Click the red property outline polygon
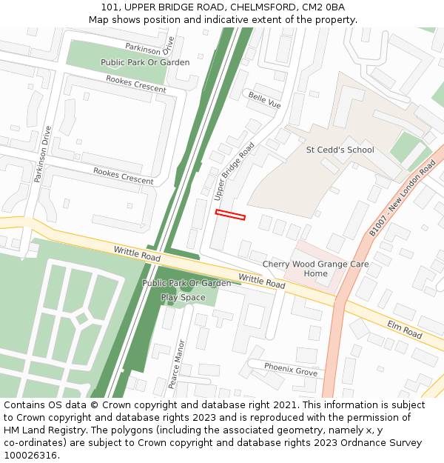click(x=230, y=215)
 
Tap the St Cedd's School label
click(x=340, y=150)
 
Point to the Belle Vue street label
click(x=264, y=101)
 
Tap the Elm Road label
click(x=404, y=330)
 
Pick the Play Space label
click(x=183, y=298)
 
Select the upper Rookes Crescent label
click(x=135, y=83)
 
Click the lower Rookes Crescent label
click(x=123, y=176)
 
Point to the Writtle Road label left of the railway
click(x=137, y=254)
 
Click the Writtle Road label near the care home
click(x=261, y=281)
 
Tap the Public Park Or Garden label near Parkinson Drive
click(x=145, y=63)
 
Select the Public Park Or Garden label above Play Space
click(x=186, y=284)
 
